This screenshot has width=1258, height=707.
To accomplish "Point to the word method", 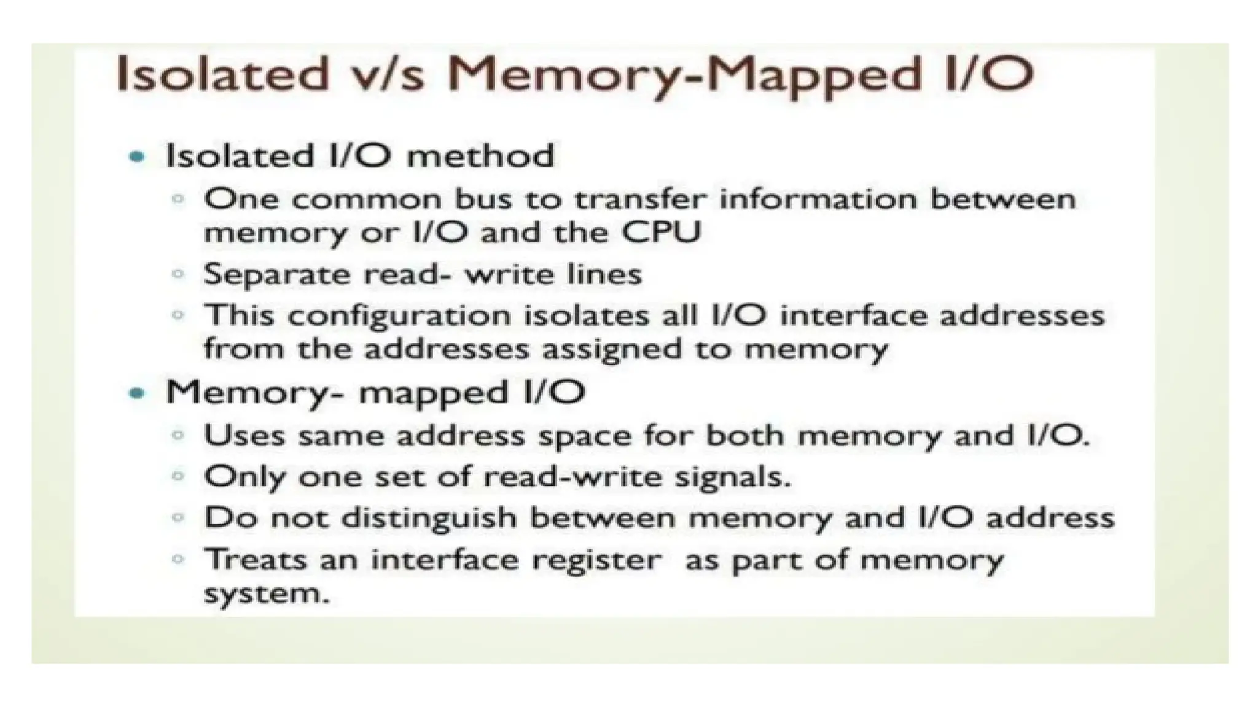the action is point(480,156).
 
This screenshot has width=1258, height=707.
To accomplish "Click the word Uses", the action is point(244,436).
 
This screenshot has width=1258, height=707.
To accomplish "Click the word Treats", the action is point(255,559).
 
